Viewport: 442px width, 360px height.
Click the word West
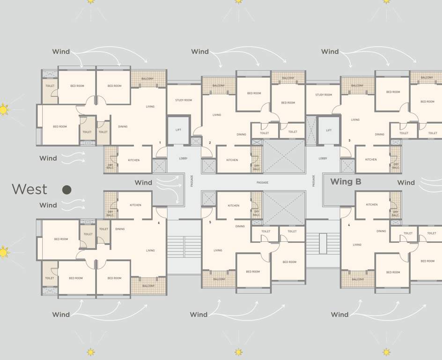click(x=29, y=189)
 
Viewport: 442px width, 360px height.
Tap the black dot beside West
click(x=67, y=189)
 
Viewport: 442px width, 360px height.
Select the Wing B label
click(x=346, y=182)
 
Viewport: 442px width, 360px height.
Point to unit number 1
click(x=160, y=142)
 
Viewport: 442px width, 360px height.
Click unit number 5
click(x=210, y=222)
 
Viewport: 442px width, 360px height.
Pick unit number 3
click(x=349, y=141)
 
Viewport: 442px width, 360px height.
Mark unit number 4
click(x=349, y=225)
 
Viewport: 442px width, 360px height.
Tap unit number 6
click(x=159, y=223)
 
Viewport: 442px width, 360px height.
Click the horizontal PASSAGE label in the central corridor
click(x=262, y=182)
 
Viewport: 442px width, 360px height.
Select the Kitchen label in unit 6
click(x=135, y=205)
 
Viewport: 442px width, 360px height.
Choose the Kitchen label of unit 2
click(x=232, y=160)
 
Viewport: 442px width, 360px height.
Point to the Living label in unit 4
click(x=357, y=245)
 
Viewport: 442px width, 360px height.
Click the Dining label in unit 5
click(x=240, y=226)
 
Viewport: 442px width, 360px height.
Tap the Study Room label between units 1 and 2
click(x=184, y=100)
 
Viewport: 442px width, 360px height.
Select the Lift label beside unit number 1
click(x=178, y=130)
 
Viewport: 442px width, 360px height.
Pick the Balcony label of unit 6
click(x=148, y=286)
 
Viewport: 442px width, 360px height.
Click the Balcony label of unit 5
click(x=219, y=279)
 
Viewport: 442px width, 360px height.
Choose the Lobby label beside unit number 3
click(x=323, y=158)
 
